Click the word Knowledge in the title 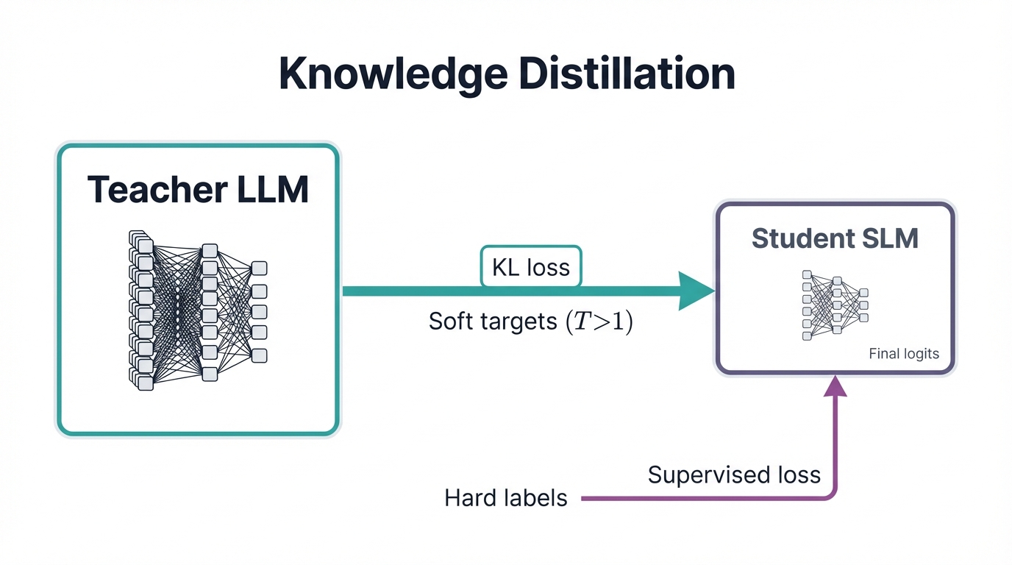(x=393, y=74)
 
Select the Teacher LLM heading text (x=198, y=189)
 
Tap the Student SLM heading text (x=835, y=238)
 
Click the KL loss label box (x=530, y=266)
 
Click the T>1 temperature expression (x=599, y=322)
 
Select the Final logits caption (x=904, y=354)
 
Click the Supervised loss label (x=734, y=475)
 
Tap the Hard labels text (x=506, y=498)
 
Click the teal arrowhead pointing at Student (x=694, y=291)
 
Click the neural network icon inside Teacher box (x=197, y=310)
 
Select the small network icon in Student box (x=835, y=305)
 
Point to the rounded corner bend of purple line (x=831, y=494)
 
